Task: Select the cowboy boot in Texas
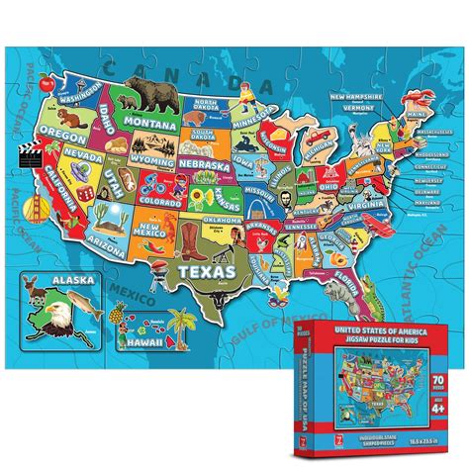189,236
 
